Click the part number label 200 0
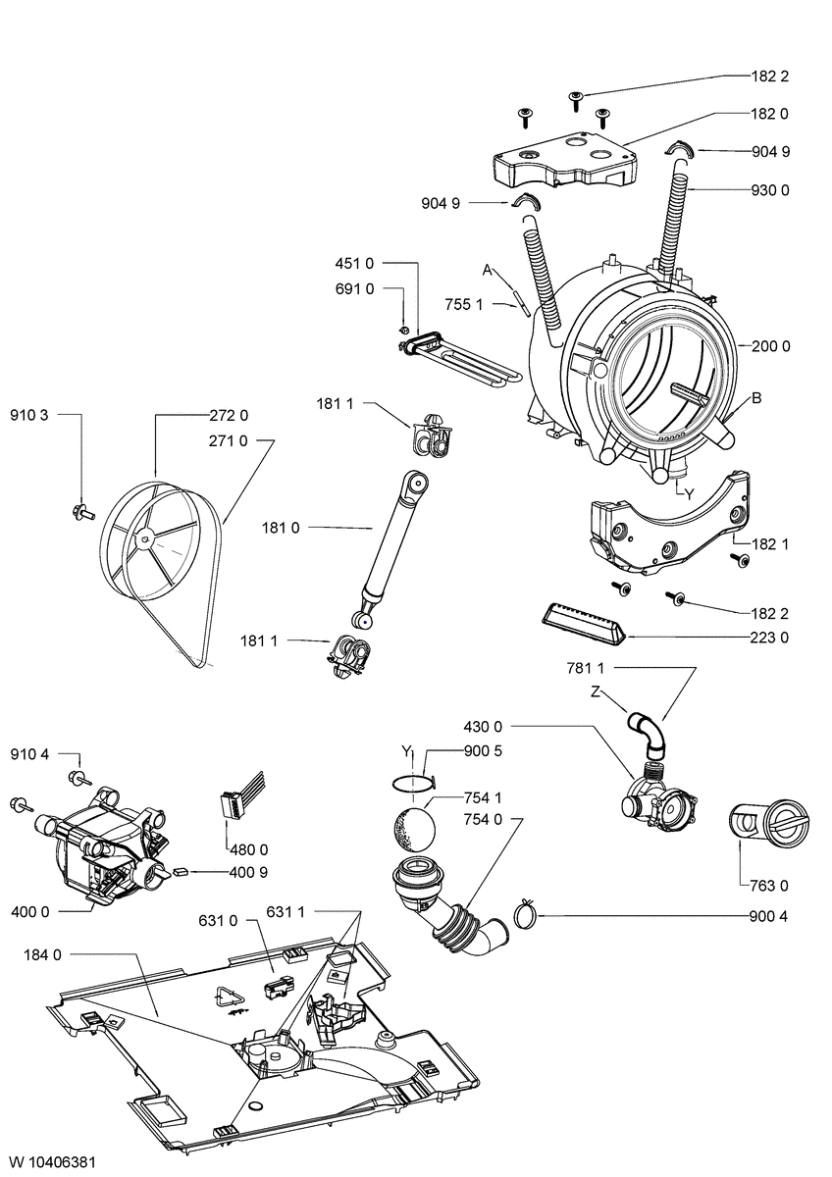point(771,346)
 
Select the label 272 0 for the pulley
point(229,414)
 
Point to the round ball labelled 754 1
point(413,824)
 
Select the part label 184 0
point(43,953)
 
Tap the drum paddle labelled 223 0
point(584,623)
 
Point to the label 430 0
point(482,727)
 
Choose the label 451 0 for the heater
point(354,263)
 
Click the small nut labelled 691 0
point(404,329)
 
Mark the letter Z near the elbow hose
point(595,691)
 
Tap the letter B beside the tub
point(756,399)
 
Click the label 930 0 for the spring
point(771,188)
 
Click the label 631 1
point(286,912)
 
